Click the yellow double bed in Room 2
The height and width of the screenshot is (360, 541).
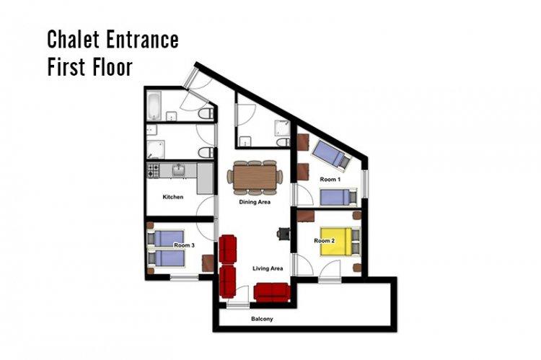(340, 241)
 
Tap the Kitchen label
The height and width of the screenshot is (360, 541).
(173, 197)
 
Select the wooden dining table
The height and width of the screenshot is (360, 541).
(255, 177)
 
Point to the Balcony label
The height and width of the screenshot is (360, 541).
(262, 319)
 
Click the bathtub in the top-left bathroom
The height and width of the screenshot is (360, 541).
(154, 105)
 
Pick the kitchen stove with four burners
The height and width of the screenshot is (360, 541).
(154, 170)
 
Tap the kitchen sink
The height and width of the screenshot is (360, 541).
(178, 170)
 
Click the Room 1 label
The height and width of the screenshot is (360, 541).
(330, 180)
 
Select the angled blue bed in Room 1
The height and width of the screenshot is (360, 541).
(332, 156)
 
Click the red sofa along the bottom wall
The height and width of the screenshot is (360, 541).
(271, 291)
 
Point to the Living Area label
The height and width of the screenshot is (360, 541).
(268, 268)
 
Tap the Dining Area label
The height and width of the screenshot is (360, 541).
(255, 202)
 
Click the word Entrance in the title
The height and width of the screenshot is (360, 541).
(142, 39)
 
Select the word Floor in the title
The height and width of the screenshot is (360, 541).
(112, 66)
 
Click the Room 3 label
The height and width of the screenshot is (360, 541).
(184, 245)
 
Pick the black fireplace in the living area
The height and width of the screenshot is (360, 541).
(283, 233)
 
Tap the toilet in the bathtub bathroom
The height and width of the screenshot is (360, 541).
(206, 113)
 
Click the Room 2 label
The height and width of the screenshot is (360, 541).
(325, 240)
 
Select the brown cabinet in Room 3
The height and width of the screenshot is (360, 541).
(208, 263)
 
